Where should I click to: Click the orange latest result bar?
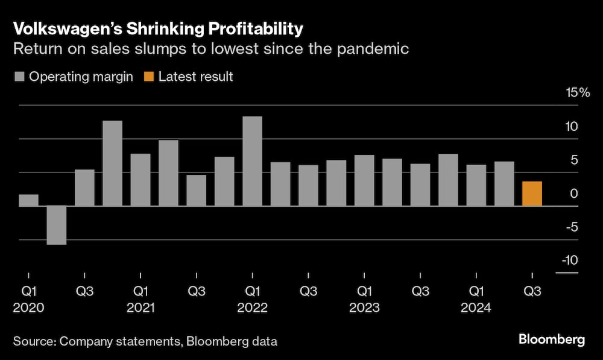532,194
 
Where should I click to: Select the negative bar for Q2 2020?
56,225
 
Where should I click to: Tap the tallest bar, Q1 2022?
252,161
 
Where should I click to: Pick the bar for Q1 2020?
28,200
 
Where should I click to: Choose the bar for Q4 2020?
112,163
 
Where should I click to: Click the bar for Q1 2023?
364,180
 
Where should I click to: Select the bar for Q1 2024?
476,185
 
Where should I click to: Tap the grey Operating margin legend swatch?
19,77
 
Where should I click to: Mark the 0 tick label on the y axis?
574,194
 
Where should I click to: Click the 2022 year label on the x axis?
253,308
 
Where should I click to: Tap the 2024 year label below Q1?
476,308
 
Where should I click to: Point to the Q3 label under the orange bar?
532,291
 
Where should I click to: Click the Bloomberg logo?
552,340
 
